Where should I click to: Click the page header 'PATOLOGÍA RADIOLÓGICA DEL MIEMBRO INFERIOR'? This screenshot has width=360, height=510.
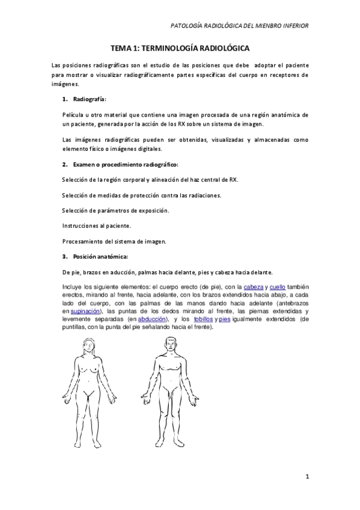240,26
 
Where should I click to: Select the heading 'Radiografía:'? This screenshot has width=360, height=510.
90,98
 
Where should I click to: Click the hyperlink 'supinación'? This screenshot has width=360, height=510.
86,312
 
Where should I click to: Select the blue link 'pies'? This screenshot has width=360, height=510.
225,319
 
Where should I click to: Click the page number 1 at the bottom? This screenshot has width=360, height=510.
307,478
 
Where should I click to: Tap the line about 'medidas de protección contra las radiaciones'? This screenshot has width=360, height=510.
141,195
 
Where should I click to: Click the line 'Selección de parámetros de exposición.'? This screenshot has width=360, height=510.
115,210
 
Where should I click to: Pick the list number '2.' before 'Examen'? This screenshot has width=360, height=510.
64,164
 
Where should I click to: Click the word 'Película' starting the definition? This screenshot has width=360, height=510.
73,114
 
